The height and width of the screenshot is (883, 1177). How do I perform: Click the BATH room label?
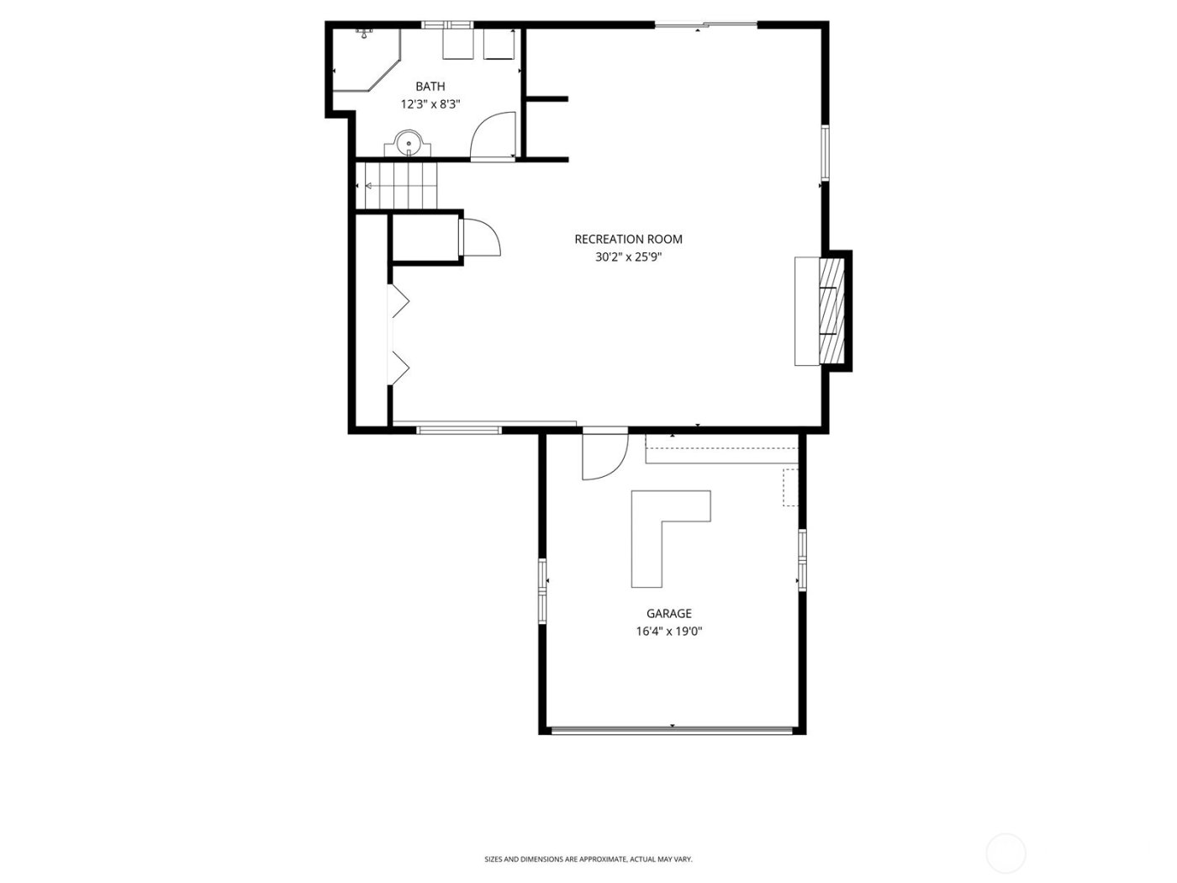[x=430, y=87]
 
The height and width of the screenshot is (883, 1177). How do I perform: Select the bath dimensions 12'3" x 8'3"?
[x=430, y=104]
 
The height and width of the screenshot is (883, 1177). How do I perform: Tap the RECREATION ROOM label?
[x=628, y=240]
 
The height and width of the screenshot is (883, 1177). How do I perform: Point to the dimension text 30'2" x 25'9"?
[x=628, y=257]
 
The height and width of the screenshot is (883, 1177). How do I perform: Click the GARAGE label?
[x=668, y=614]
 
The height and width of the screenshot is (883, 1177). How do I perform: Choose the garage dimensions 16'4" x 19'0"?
[x=668, y=632]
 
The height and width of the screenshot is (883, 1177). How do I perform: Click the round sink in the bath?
[x=409, y=143]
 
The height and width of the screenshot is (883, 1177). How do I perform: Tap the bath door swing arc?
[x=493, y=135]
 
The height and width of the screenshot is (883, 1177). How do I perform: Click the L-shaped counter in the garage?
[x=664, y=530]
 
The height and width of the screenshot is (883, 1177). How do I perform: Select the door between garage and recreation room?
[x=604, y=454]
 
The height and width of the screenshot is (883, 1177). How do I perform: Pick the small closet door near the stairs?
[x=479, y=237]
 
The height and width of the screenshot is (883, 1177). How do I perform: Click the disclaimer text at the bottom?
[x=588, y=859]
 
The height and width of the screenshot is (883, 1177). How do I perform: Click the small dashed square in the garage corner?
[x=790, y=487]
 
